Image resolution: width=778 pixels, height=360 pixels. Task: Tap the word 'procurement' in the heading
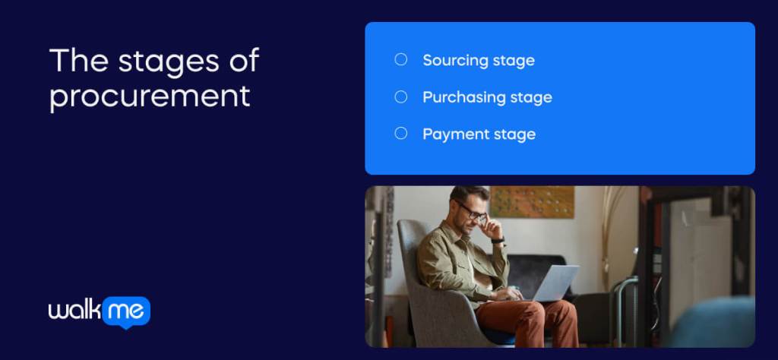150,97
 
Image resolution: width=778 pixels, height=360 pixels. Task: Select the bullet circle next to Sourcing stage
401,59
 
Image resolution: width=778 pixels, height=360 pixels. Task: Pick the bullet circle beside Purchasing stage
401,96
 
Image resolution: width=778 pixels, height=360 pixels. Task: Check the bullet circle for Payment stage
401,134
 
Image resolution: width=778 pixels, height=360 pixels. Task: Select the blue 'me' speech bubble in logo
126,311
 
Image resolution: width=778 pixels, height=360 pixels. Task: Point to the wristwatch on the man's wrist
498,240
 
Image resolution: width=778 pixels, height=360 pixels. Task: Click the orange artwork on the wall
531,201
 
